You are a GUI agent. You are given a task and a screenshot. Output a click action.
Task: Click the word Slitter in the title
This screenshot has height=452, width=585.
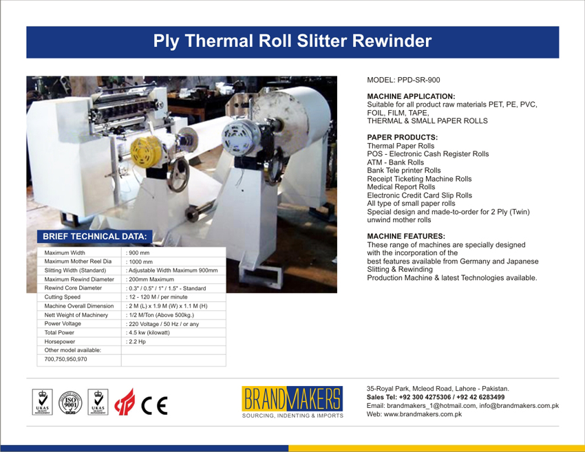(x=322, y=41)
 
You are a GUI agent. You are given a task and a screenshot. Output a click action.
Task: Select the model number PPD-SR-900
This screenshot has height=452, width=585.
(x=418, y=80)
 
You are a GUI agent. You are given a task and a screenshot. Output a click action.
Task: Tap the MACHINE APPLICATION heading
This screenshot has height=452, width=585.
(x=411, y=96)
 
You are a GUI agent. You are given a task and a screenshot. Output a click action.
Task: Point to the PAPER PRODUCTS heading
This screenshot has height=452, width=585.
(x=403, y=137)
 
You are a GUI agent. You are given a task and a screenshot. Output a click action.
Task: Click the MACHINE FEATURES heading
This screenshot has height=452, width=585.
(x=406, y=236)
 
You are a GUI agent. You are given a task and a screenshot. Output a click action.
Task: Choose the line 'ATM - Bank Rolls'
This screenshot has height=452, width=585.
(x=396, y=162)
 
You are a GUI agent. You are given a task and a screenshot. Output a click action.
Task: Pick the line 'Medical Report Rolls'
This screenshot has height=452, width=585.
(x=401, y=187)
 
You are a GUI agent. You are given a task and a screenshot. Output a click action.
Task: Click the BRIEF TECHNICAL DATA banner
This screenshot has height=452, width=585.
(x=95, y=237)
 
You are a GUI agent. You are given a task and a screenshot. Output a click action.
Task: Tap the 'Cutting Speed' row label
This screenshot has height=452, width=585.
(x=63, y=297)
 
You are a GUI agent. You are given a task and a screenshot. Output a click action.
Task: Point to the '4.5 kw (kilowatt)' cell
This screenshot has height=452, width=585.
(x=149, y=333)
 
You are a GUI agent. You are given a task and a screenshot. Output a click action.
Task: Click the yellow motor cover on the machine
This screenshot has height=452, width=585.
(x=146, y=152)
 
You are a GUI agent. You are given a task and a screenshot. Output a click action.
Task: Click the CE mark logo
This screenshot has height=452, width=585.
(x=154, y=406)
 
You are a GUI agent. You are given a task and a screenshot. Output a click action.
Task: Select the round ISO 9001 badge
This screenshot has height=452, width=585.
(x=70, y=402)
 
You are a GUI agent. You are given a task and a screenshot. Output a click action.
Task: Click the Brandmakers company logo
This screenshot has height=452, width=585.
(x=292, y=402)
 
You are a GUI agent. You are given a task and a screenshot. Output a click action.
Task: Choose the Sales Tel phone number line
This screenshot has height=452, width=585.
(x=436, y=397)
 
